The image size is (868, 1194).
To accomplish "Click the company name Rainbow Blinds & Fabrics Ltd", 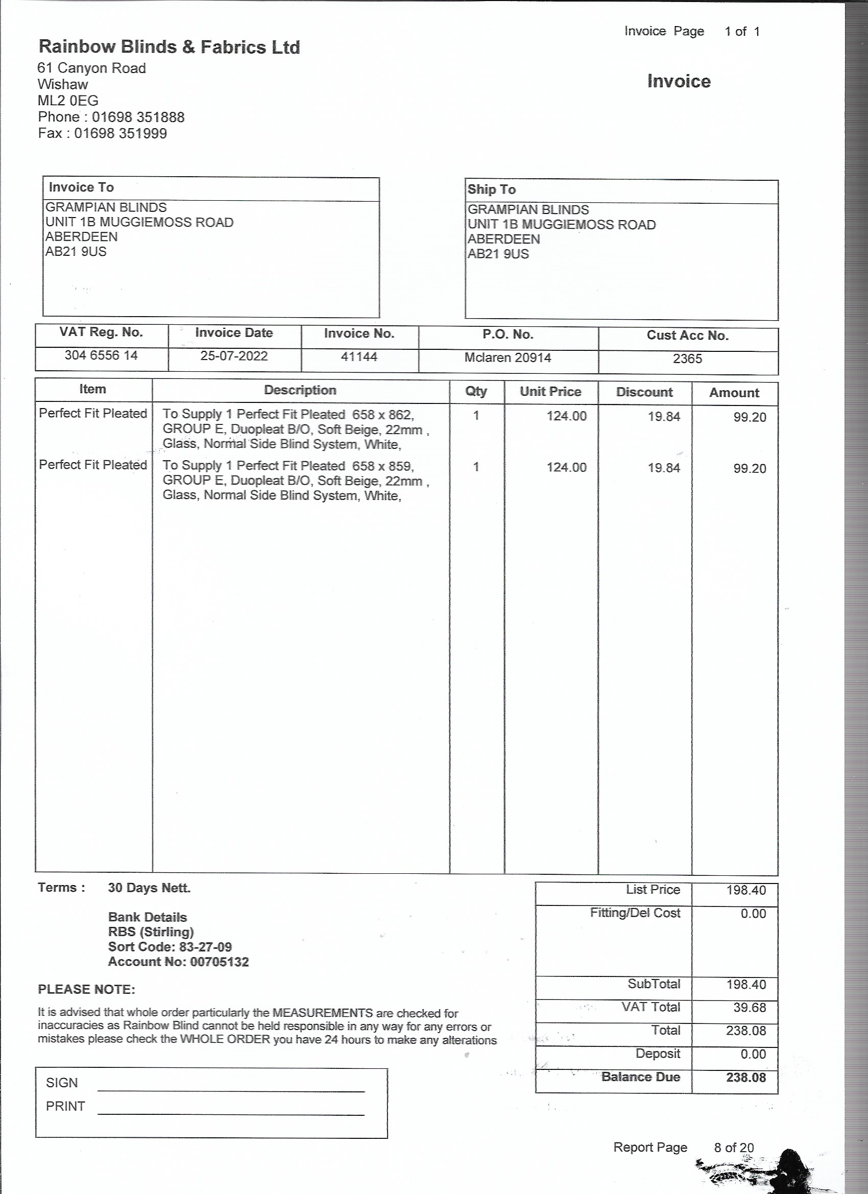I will coord(169,47).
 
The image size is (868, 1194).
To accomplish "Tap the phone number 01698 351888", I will coord(138,117).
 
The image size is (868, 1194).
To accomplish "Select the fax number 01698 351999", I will coord(120,133).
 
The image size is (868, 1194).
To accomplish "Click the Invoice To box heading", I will coord(81,187).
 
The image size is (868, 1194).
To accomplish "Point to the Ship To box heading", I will coord(491,189).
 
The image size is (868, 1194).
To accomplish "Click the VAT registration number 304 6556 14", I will coord(101,355).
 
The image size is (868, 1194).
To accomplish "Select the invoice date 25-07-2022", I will coord(234,356).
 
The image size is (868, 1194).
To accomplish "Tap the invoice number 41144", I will coord(359,357).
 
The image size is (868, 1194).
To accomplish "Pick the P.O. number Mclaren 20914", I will coord(508,358).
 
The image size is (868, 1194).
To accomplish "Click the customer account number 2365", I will coord(687,359).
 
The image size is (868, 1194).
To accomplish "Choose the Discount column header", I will coord(644,392).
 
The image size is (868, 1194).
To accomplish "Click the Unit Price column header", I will coord(550,392).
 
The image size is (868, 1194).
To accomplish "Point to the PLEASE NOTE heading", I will coord(86,989).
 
